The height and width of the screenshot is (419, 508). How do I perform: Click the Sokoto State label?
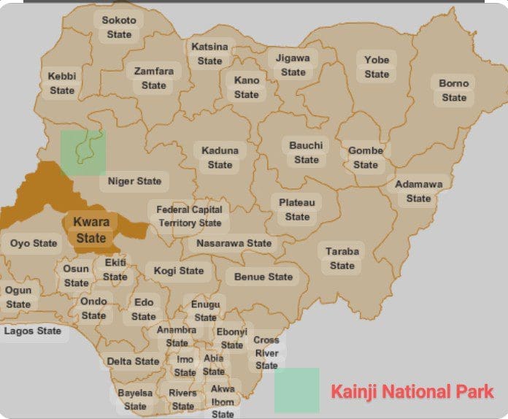tap(119, 27)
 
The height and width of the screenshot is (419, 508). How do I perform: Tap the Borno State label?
tap(453, 91)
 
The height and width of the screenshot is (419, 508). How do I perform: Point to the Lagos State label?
tap(33, 331)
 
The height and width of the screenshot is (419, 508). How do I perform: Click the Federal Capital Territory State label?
tap(189, 216)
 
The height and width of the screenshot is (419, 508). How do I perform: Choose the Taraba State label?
tap(342, 258)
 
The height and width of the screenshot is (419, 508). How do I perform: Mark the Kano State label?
tap(247, 88)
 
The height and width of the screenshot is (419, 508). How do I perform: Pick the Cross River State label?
tap(266, 353)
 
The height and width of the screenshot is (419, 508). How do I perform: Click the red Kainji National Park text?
tap(412, 391)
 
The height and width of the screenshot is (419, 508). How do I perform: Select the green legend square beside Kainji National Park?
tap(297, 391)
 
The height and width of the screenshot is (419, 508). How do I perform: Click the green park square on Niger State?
tap(82, 153)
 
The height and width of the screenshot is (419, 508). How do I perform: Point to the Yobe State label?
tap(377, 66)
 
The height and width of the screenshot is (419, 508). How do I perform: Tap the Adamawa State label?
tap(418, 191)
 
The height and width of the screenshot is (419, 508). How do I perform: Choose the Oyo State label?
tap(34, 243)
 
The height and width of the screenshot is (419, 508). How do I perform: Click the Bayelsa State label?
tap(135, 399)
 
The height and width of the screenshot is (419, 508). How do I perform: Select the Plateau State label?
tap(297, 209)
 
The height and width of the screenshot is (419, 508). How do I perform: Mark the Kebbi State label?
tap(62, 83)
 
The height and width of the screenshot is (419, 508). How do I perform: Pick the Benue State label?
tap(263, 277)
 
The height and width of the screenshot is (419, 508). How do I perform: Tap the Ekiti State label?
tap(115, 269)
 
